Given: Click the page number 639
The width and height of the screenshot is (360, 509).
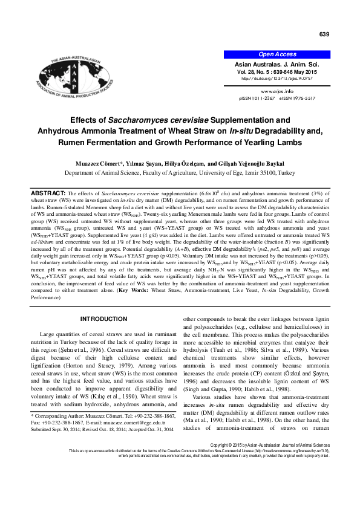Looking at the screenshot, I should pyautogui.click(x=324, y=34).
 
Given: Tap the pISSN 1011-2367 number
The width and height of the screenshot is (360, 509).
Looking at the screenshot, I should pyautogui.click(x=258, y=97).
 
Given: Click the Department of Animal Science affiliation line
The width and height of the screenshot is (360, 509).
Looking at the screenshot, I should pyautogui.click(x=180, y=172).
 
